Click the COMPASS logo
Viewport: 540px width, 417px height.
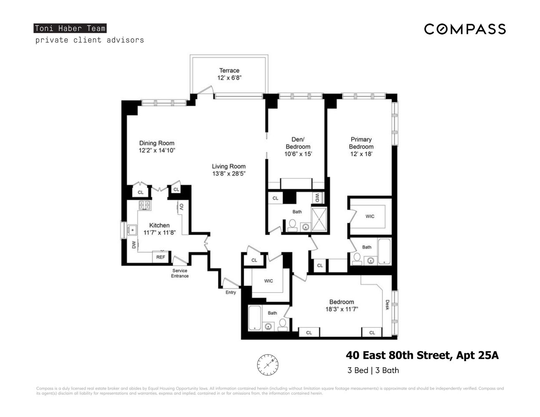[x=465, y=29]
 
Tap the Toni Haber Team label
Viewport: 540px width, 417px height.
[x=70, y=28]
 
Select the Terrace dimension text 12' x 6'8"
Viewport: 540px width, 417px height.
[x=229, y=78]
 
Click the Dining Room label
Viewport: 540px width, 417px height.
[x=156, y=143]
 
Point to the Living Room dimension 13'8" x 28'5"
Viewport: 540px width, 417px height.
[x=228, y=173]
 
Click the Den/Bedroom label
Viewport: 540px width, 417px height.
[x=298, y=143]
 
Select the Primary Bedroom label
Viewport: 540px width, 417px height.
[x=361, y=143]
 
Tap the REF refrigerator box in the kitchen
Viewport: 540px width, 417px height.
[x=161, y=257]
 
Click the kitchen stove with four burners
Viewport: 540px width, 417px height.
[x=145, y=205]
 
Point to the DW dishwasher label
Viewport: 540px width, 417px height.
[x=134, y=245]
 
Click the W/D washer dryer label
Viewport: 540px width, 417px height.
[x=317, y=197]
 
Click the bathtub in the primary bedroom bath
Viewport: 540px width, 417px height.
[x=384, y=251]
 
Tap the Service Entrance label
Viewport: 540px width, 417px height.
[x=180, y=273]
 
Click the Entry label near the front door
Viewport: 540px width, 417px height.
[x=231, y=292]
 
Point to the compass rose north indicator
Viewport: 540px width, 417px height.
[x=267, y=364]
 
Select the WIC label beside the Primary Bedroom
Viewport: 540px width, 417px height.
[x=370, y=216]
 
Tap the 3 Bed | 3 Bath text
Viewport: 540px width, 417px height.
[x=373, y=370]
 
